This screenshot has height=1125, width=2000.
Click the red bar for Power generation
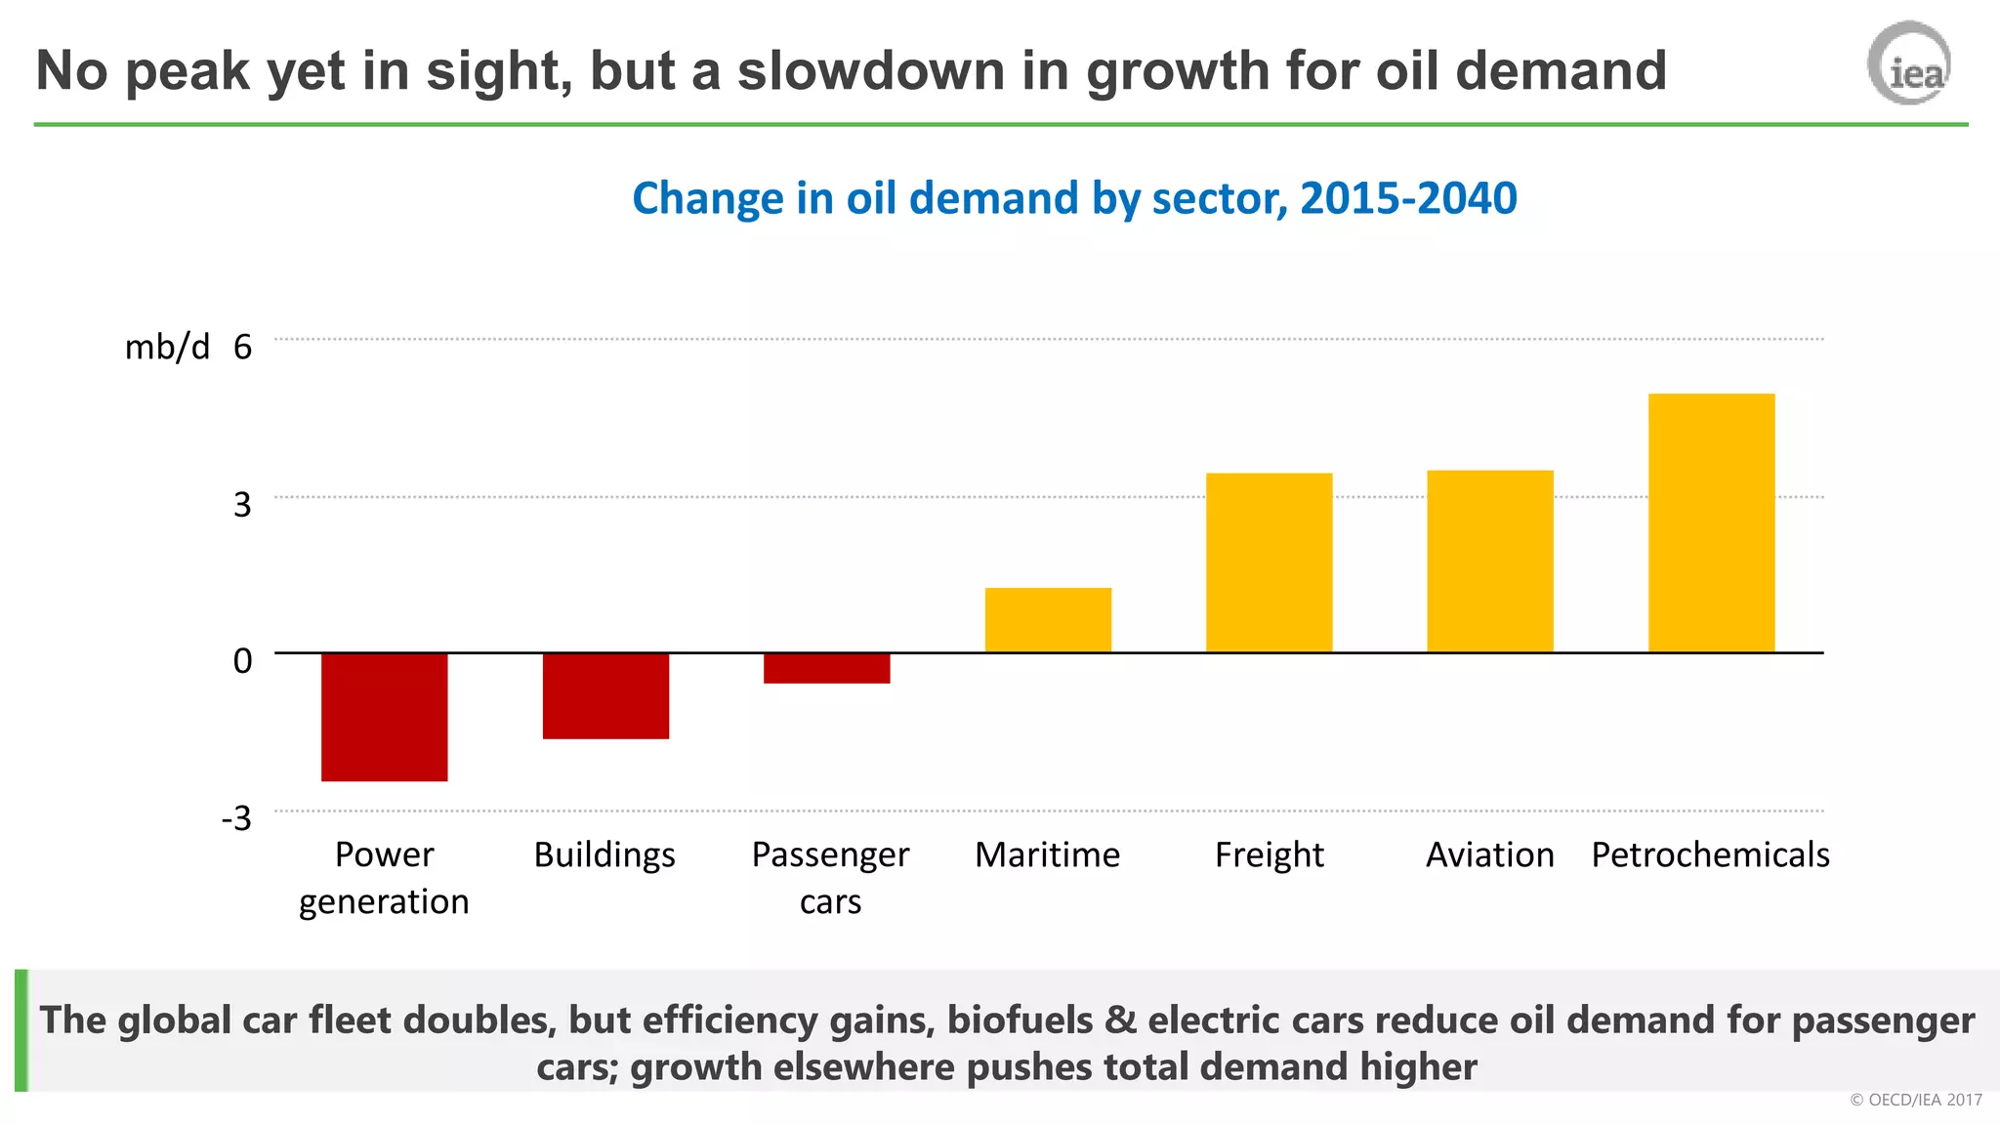click(x=384, y=717)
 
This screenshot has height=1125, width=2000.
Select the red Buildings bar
click(x=605, y=695)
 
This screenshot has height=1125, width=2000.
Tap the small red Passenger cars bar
click(x=826, y=668)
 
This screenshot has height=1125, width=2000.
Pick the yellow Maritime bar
click(x=1048, y=620)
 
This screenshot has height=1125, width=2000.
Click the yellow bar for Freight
click(x=1269, y=562)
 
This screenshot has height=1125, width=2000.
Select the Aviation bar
click(x=1489, y=562)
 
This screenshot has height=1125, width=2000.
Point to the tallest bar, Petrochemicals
click(x=1711, y=522)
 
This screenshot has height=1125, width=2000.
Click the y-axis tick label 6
click(x=242, y=348)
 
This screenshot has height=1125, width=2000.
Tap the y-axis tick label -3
click(x=236, y=818)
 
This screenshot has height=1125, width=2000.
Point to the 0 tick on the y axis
click(x=242, y=661)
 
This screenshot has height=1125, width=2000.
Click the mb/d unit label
click(x=167, y=348)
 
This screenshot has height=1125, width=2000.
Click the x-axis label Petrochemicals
click(x=1710, y=855)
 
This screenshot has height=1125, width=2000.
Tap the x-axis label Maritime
click(x=1047, y=855)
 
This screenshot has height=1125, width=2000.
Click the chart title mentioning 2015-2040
click(x=1074, y=198)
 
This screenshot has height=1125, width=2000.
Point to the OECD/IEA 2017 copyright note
click(x=1916, y=1100)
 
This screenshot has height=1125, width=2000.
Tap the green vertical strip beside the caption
click(x=21, y=1030)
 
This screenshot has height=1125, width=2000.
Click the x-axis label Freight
click(x=1269, y=855)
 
